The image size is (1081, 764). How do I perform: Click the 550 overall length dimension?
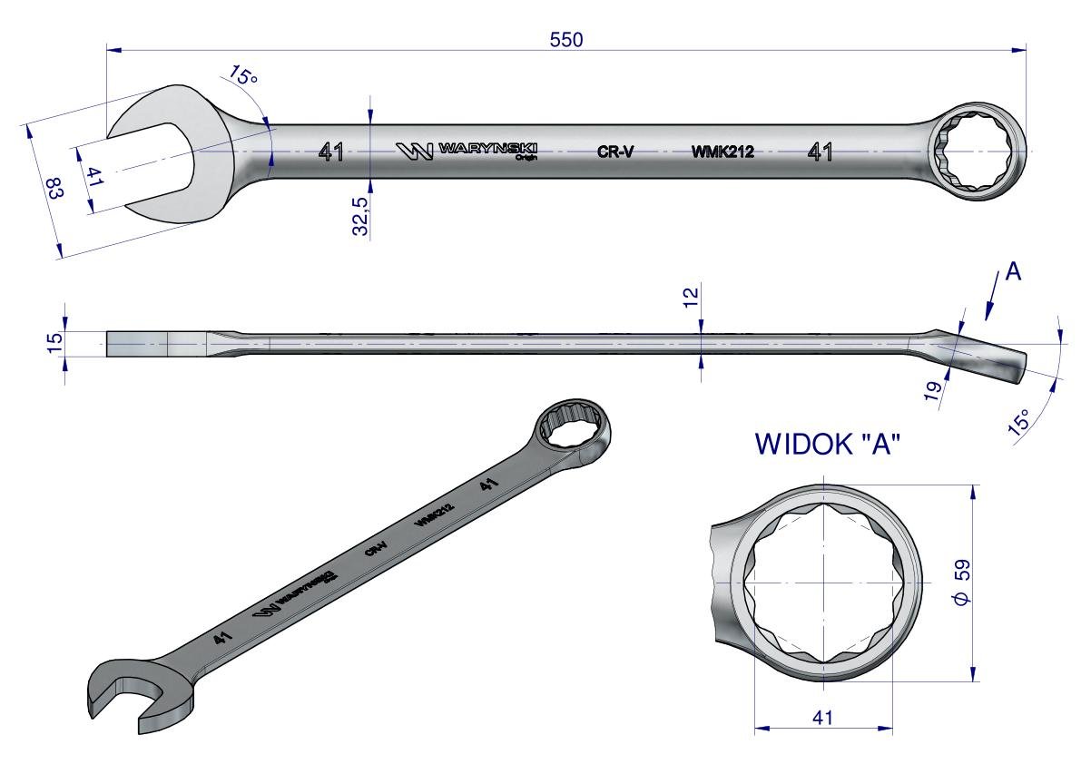[566, 39]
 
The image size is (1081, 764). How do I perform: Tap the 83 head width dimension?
[54, 188]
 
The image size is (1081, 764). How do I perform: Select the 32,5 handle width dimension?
[361, 215]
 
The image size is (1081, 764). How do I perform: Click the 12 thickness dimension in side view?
[692, 297]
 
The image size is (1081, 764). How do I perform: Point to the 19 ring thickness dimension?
[932, 391]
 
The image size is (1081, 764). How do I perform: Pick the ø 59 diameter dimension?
[962, 583]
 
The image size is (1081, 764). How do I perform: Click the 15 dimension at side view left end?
[54, 342]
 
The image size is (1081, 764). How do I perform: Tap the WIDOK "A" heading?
[827, 445]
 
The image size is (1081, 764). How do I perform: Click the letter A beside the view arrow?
[1012, 272]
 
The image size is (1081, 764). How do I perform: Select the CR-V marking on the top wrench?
[615, 152]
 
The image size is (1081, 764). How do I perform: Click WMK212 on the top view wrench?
[722, 152]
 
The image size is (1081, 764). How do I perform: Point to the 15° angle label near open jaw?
[242, 74]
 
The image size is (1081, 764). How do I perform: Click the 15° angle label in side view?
[1019, 420]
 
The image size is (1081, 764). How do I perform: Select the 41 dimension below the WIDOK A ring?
[823, 717]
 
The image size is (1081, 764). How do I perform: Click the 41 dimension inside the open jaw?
[94, 176]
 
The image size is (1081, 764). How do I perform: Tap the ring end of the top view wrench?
[975, 152]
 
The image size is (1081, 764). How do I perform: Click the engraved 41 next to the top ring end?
[820, 152]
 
